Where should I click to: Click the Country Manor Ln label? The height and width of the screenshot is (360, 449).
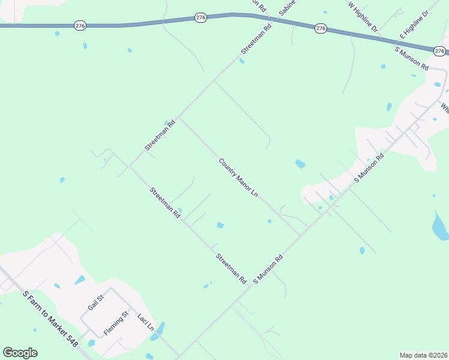[x=238, y=178]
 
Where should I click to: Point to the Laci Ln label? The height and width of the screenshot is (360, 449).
[x=145, y=323]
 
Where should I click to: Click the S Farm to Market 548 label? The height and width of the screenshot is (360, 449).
[x=50, y=319]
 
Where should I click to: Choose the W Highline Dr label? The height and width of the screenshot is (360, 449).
[x=363, y=16]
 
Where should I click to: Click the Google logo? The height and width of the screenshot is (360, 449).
[x=20, y=353]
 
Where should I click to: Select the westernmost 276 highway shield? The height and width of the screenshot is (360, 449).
[x=80, y=25]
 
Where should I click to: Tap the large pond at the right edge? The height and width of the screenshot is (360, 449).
[x=440, y=225]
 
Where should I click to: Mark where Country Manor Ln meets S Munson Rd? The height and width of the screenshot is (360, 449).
[x=300, y=236]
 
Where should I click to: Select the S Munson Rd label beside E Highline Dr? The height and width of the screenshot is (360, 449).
[x=411, y=58]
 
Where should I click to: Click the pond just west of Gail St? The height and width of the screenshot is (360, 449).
[x=79, y=280]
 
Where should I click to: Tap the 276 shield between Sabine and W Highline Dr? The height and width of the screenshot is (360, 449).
[x=321, y=28]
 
